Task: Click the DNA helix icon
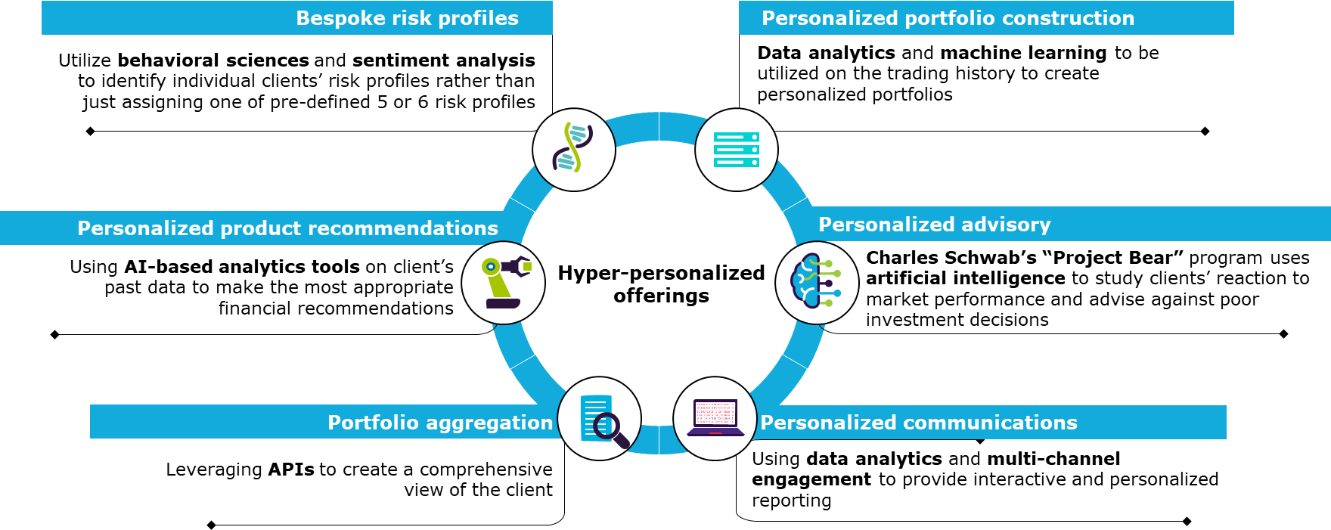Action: tap(573, 149)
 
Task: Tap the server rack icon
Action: tap(736, 150)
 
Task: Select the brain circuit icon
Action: tap(816, 282)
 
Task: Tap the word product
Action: tap(261, 228)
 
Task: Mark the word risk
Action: tap(415, 18)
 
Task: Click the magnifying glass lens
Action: tap(606, 426)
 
